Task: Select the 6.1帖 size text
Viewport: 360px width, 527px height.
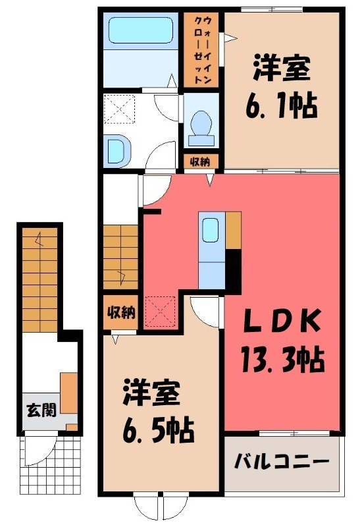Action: [282, 104]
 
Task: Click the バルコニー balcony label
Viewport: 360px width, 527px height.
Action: [282, 461]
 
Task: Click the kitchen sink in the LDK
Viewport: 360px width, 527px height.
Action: [211, 231]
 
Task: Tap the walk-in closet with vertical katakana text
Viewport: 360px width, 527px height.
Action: [203, 50]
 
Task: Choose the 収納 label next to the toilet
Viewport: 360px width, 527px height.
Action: [200, 161]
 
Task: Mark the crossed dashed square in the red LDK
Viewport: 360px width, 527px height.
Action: [160, 310]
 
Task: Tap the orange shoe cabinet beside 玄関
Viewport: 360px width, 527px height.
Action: [70, 393]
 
